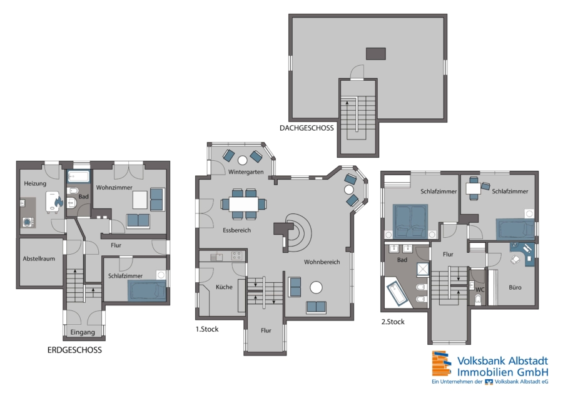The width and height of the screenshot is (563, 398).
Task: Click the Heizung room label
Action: [35, 183]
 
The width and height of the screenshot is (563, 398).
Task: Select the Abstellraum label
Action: [39, 258]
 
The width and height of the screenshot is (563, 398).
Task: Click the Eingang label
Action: [83, 332]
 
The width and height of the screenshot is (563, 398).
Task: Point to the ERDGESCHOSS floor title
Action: [74, 350]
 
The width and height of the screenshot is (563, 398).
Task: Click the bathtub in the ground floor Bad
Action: [79, 176]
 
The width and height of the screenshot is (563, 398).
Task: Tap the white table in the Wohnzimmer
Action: [140, 200]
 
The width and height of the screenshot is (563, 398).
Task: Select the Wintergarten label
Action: [246, 172]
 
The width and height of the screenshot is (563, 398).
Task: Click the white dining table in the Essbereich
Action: [244, 205]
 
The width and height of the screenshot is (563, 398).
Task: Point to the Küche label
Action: [224, 287]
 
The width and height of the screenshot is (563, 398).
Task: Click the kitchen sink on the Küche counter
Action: [216, 257]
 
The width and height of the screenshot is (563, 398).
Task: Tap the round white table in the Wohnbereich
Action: [316, 287]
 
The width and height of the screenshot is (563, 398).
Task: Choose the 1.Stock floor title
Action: [207, 329]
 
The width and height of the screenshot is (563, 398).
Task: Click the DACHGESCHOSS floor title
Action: [307, 128]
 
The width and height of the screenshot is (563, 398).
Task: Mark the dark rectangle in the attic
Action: [376, 54]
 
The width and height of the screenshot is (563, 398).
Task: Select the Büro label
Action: [515, 287]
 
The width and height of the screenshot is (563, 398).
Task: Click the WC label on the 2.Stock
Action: [480, 290]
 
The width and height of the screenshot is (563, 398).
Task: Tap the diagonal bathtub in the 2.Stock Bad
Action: [397, 293]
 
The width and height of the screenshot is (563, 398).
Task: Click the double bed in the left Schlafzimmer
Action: [410, 222]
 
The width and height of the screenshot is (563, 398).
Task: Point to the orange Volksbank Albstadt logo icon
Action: [441, 364]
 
